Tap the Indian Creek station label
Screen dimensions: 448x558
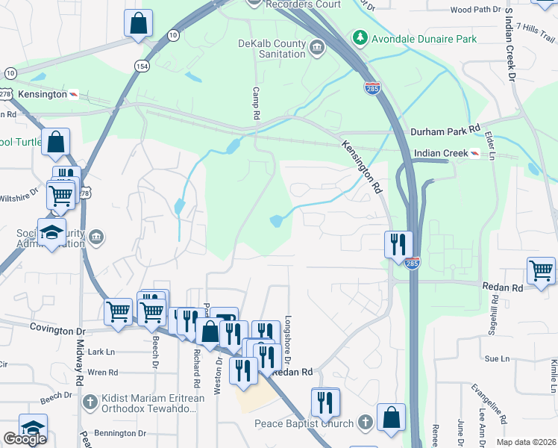click(440, 153)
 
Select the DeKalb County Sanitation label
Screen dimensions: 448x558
click(272, 49)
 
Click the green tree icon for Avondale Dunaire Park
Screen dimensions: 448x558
click(360, 37)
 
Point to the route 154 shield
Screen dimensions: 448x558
click(142, 66)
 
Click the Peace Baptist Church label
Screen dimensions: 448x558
click(304, 423)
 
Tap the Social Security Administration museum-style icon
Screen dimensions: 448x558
click(96, 238)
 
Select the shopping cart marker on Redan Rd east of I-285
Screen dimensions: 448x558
click(541, 270)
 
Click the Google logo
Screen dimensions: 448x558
click(25, 439)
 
